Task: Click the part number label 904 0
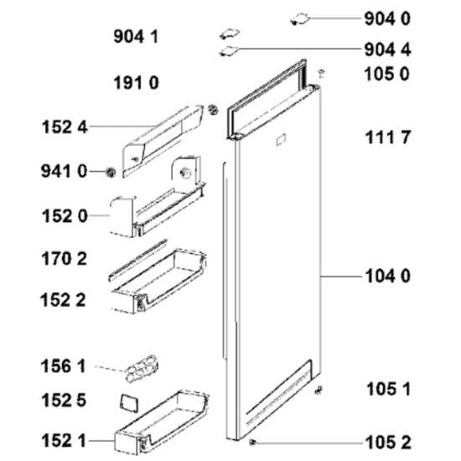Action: [x=387, y=19]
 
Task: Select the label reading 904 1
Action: [x=136, y=38]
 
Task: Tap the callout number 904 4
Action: [x=387, y=49]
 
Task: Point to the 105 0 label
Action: [x=386, y=74]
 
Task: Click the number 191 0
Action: [x=136, y=83]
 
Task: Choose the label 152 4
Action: [x=65, y=127]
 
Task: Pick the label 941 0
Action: [x=64, y=171]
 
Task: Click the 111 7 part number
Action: [x=387, y=137]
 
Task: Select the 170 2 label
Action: [x=64, y=259]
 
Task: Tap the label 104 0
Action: [x=387, y=277]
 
